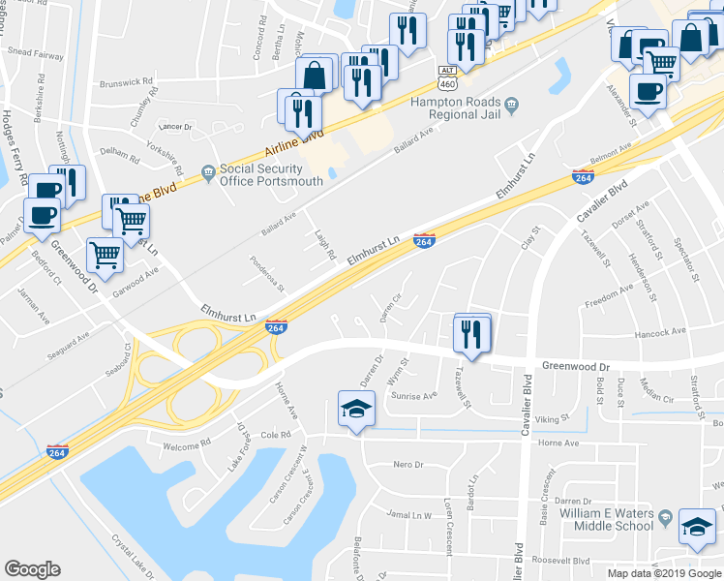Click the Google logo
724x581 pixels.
(32, 569)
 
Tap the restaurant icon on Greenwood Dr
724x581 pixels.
(472, 335)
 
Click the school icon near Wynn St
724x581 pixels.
(355, 411)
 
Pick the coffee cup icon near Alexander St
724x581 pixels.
(647, 94)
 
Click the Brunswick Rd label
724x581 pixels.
(127, 82)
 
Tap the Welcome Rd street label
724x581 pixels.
(187, 443)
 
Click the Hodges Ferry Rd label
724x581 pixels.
(12, 140)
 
